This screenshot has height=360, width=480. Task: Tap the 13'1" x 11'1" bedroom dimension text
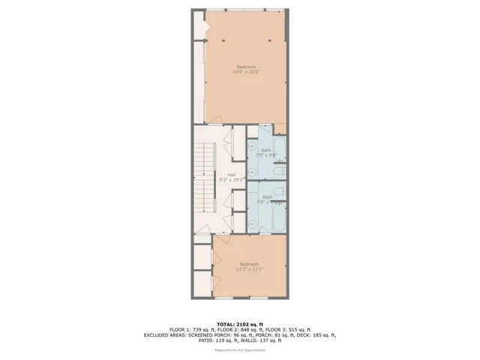click(249, 269)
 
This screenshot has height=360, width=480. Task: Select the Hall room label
click(221, 175)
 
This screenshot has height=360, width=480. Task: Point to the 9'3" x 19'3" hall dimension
click(221, 180)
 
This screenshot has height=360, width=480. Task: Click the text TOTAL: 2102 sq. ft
click(239, 323)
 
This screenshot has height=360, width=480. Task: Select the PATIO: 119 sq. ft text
click(220, 341)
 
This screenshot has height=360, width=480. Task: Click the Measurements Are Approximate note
click(239, 350)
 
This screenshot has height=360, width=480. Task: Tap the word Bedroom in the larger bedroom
click(247, 67)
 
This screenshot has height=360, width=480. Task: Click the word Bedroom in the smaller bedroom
click(249, 263)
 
